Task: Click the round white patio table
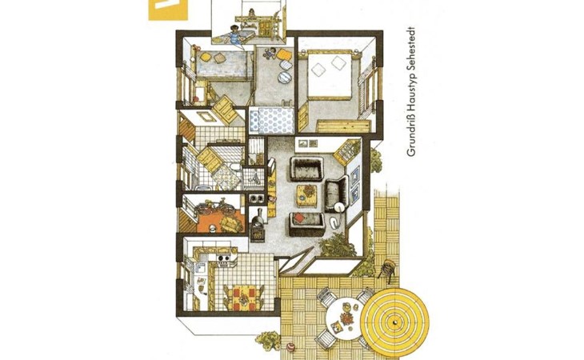345,318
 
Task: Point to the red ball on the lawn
290,347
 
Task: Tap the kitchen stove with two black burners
223,258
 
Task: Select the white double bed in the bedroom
330,75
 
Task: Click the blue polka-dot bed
271,120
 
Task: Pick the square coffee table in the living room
306,195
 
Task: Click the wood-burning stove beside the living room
258,225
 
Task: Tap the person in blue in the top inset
234,34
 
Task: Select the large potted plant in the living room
336,245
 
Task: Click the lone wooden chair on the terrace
386,269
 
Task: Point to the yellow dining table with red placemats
243,296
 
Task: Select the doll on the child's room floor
270,54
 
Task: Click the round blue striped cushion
286,78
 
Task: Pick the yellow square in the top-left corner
168,10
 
